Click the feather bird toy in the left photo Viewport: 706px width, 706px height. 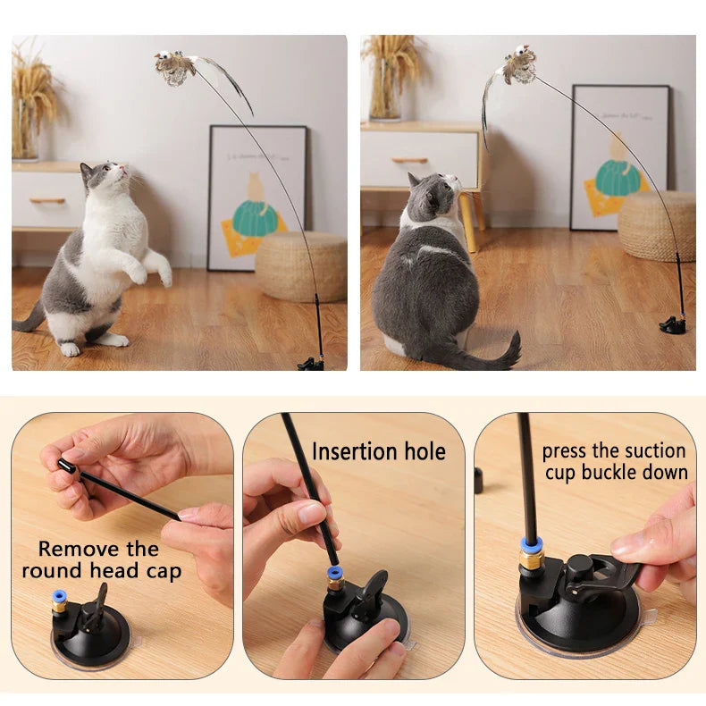pyautogui.click(x=175, y=67)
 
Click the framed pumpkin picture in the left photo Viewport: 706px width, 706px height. pyautogui.click(x=257, y=198)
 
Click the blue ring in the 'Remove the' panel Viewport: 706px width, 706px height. pyautogui.click(x=59, y=594)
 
